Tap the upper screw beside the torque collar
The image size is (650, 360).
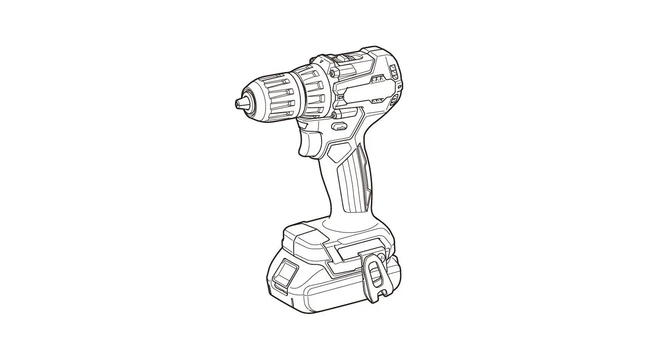(334, 72)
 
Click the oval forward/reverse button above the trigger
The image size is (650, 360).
(340, 126)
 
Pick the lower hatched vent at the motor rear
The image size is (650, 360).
(394, 101)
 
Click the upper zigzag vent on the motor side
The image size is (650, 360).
(378, 80)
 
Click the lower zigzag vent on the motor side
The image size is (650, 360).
(378, 100)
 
